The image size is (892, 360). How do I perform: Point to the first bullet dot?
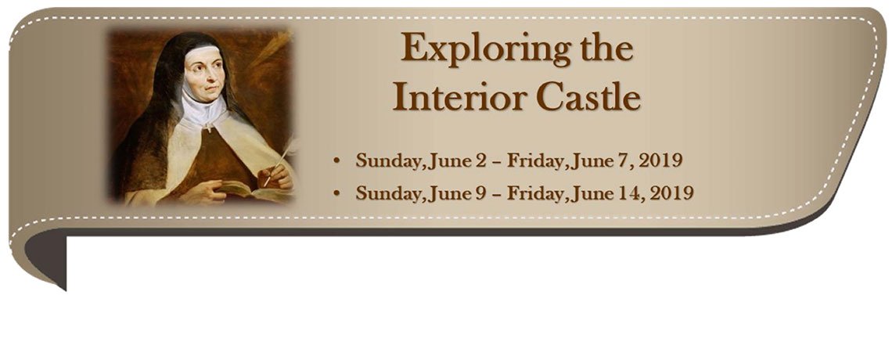point(336,161)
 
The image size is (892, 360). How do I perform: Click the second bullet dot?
point(336,193)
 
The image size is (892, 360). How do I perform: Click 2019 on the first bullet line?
point(661,161)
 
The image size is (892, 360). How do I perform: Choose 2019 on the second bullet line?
point(671,193)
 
